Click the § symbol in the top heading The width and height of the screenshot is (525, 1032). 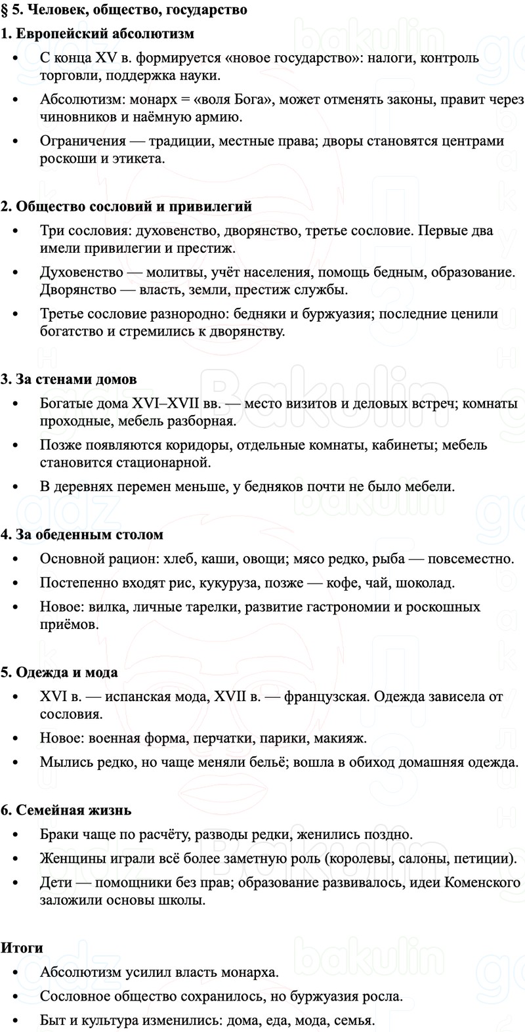point(5,11)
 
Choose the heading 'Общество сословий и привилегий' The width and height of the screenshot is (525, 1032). point(134,207)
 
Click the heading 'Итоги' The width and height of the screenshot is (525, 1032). point(22,948)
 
